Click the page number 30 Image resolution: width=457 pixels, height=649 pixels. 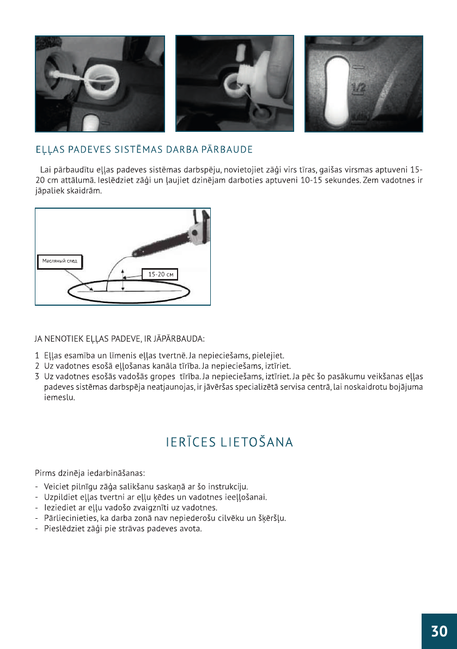pyautogui.click(x=439, y=631)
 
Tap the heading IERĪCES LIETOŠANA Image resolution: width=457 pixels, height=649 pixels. pyautogui.click(x=230, y=442)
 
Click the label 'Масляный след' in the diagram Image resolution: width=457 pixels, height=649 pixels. pyautogui.click(x=60, y=261)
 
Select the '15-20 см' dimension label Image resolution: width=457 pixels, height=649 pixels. pyautogui.click(x=161, y=274)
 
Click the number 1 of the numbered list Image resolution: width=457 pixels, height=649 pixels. pyautogui.click(x=37, y=355)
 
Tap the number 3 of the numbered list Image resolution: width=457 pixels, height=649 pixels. pyautogui.click(x=37, y=376)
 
